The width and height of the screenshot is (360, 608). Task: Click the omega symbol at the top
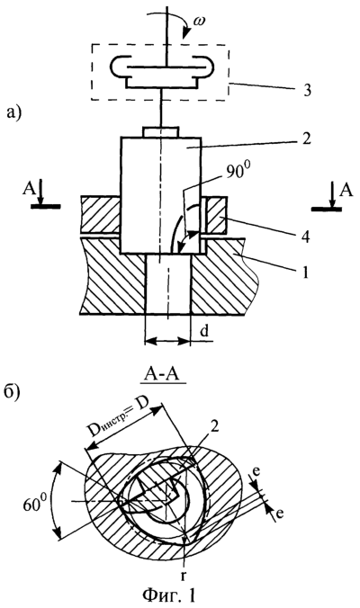(200, 22)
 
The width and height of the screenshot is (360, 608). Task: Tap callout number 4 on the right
(306, 237)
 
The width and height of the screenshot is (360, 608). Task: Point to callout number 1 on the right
(305, 273)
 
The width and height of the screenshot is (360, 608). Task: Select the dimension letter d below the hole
(204, 332)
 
